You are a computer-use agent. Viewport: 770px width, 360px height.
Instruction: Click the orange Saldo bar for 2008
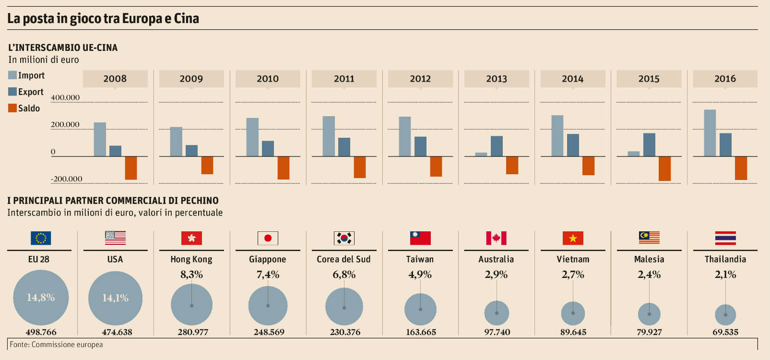(x=131, y=168)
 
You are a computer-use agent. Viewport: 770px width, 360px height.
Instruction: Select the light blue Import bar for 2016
(x=710, y=133)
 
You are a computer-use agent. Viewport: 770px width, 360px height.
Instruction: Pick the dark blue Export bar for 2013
(x=497, y=146)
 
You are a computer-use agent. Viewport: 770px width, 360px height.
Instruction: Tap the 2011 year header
(x=344, y=79)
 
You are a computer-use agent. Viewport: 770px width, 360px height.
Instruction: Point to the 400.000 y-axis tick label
(x=65, y=97)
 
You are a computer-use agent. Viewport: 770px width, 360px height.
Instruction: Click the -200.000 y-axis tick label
(x=67, y=179)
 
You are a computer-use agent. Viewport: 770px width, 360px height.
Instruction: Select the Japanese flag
(x=268, y=238)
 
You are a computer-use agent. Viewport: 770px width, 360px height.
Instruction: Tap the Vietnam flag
(x=573, y=238)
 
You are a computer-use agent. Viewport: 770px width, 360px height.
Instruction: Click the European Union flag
(x=41, y=238)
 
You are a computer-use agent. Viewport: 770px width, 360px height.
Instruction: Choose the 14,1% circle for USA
(x=116, y=298)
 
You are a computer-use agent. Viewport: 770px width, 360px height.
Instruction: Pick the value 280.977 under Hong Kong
(x=193, y=332)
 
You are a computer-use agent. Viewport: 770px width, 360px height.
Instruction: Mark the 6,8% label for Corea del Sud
(x=344, y=275)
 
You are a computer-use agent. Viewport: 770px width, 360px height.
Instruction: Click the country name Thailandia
(x=725, y=259)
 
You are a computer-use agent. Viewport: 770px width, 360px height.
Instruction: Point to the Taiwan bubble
(x=420, y=310)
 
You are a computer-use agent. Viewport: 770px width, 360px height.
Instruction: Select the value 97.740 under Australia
(x=497, y=332)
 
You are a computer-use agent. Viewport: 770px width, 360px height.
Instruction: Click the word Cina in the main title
(x=186, y=19)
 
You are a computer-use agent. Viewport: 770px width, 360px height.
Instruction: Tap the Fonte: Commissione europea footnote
(x=56, y=345)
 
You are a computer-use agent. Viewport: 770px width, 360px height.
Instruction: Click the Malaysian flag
(x=649, y=238)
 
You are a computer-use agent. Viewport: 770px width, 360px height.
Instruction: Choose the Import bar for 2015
(x=633, y=154)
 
